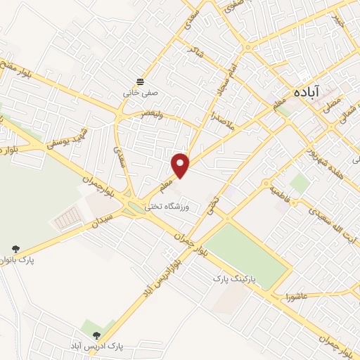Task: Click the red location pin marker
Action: [x=181, y=165]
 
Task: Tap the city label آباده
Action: [x=307, y=91]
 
